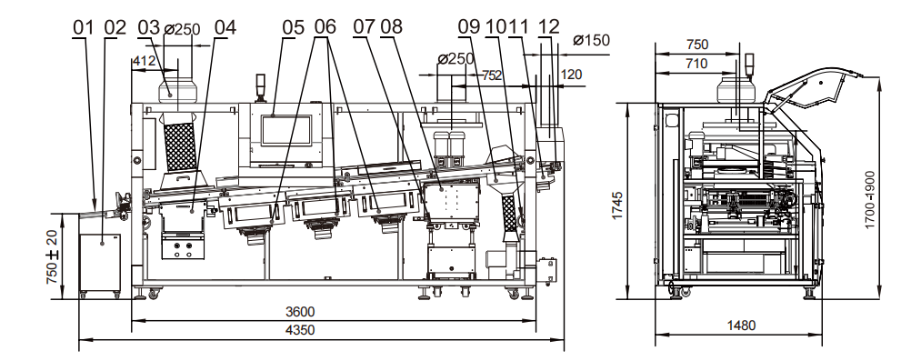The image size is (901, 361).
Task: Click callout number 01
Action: pyautogui.click(x=83, y=27)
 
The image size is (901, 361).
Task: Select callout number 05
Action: pyautogui.click(x=293, y=27)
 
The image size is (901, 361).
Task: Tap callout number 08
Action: pyautogui.click(x=391, y=26)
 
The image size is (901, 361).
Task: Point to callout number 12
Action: pyautogui.click(x=549, y=26)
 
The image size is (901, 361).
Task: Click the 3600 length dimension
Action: pyautogui.click(x=300, y=312)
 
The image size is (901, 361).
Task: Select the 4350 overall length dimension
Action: pyautogui.click(x=300, y=330)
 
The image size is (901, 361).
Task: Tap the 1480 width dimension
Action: pyautogui.click(x=741, y=326)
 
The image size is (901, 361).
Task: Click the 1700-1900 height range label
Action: pyautogui.click(x=870, y=199)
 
